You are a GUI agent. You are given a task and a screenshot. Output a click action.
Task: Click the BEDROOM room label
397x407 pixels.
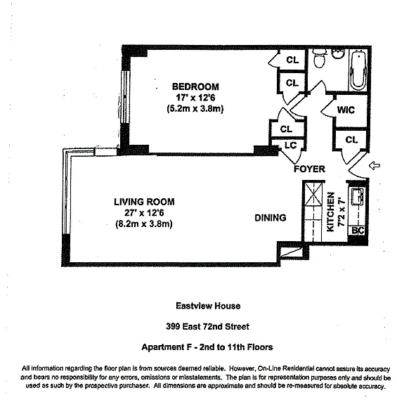click(195, 86)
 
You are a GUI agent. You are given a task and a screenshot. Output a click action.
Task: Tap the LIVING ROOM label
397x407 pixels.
click(144, 202)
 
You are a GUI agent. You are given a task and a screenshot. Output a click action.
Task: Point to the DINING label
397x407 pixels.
click(271, 218)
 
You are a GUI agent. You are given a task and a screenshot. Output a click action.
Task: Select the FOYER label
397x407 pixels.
click(309, 169)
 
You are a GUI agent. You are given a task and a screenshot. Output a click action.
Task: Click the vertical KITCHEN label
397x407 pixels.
click(330, 212)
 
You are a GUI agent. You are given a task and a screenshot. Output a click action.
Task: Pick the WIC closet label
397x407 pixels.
click(346, 110)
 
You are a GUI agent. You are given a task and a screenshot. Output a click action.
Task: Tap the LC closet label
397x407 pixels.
click(290, 146)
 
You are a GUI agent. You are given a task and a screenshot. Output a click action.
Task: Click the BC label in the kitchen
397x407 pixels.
click(358, 231)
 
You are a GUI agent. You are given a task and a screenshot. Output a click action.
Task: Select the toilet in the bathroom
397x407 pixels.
click(320, 58)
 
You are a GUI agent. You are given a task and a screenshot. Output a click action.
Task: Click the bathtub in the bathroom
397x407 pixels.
click(358, 70)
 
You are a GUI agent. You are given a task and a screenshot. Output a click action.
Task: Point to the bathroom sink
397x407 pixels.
click(338, 53)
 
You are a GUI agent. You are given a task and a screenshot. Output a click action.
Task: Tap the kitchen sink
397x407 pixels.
click(358, 197)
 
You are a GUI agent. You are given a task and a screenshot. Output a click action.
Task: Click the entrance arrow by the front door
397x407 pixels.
click(375, 165)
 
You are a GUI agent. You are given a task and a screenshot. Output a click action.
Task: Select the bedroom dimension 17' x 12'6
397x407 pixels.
click(195, 98)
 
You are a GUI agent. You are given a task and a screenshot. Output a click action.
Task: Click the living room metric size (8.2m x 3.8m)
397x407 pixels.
click(144, 224)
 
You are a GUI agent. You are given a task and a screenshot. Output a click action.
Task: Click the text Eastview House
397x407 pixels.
click(208, 306)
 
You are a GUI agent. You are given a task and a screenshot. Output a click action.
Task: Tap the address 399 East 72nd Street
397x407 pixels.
click(207, 326)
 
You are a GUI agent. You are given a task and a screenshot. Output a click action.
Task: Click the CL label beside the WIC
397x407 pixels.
click(351, 140)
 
